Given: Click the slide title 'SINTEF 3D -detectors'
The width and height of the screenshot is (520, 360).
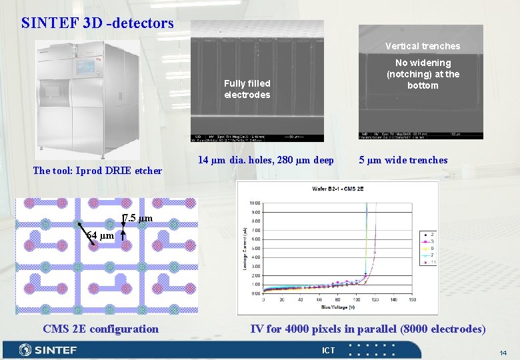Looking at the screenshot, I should pos(97,23).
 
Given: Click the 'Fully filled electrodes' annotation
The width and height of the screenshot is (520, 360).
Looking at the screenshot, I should pos(247,89).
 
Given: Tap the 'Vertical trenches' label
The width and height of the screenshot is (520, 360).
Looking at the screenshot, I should pos(423,46).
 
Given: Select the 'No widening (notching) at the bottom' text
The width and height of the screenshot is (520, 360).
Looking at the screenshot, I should pos(423,74).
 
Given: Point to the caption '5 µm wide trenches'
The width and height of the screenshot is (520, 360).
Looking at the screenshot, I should pos(403,160).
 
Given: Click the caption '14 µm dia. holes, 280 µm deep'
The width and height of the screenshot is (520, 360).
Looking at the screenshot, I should pos(266,160).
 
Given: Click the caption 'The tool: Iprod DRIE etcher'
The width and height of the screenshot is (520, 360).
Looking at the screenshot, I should pos(97,170).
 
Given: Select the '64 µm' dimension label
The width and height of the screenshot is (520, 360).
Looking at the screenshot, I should pos(101,235).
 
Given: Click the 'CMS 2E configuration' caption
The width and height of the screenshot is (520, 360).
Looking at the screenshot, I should pos(101,329).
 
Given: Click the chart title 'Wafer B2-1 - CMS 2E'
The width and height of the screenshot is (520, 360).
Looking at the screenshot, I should pos(337,189).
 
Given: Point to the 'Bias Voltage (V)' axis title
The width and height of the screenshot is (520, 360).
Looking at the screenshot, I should pos(337,307).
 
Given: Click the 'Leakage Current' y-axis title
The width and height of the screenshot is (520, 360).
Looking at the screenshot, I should pos(245,248).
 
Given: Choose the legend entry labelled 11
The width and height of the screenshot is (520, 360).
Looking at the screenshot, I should pos(427,263).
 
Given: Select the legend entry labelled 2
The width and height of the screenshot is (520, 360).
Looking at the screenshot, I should pos(427,233).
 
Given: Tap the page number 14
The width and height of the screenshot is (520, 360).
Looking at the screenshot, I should pos(503,351).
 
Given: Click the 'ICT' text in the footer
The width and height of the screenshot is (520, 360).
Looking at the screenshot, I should pos(329,351).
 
